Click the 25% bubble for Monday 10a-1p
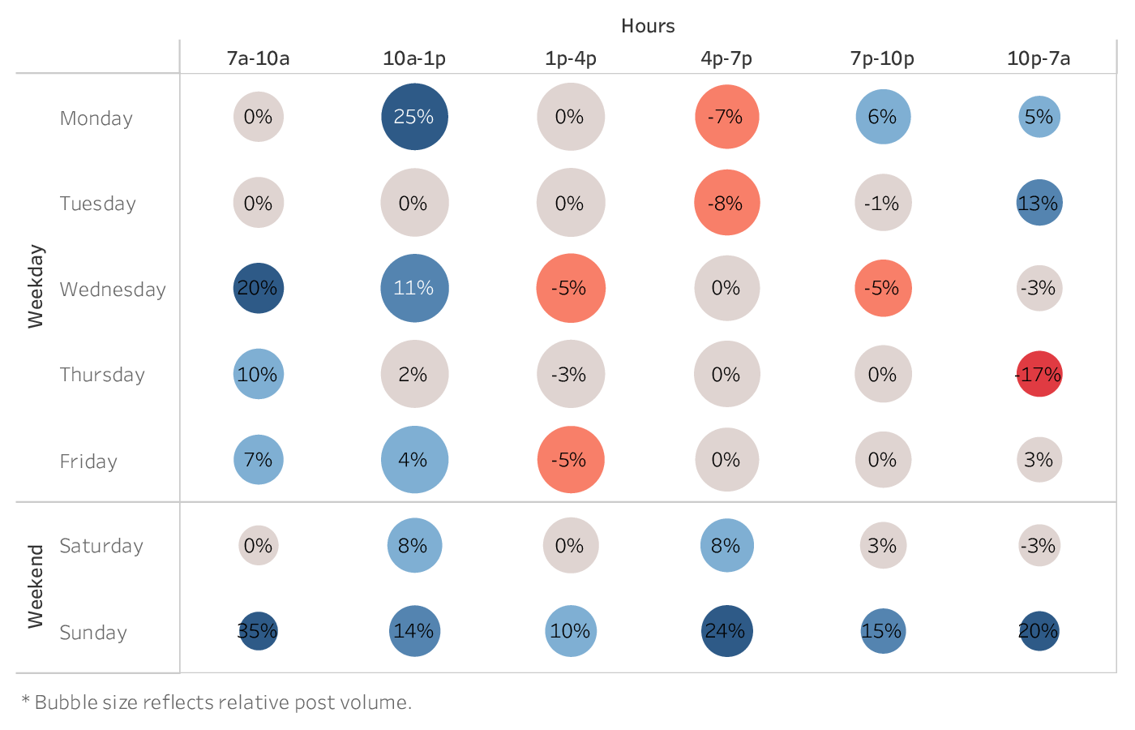coord(414,117)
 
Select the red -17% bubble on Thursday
coord(1039,374)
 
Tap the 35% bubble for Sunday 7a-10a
coord(258,631)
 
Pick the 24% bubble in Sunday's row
coord(726,631)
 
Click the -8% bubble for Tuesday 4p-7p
coord(726,203)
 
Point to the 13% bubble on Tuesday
coord(1039,203)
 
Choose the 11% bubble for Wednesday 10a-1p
coord(414,288)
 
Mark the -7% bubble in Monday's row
coord(726,117)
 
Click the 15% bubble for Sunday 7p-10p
coord(882,631)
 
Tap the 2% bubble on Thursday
coord(414,374)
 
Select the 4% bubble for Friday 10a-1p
coord(414,460)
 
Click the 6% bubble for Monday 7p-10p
coord(883,117)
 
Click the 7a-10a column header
coord(258,58)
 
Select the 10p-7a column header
coord(1039,58)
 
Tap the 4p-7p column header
coord(726,58)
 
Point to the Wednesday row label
coord(113,290)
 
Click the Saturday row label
coord(101,546)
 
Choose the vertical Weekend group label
coord(36,586)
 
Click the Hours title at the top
coord(648,26)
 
